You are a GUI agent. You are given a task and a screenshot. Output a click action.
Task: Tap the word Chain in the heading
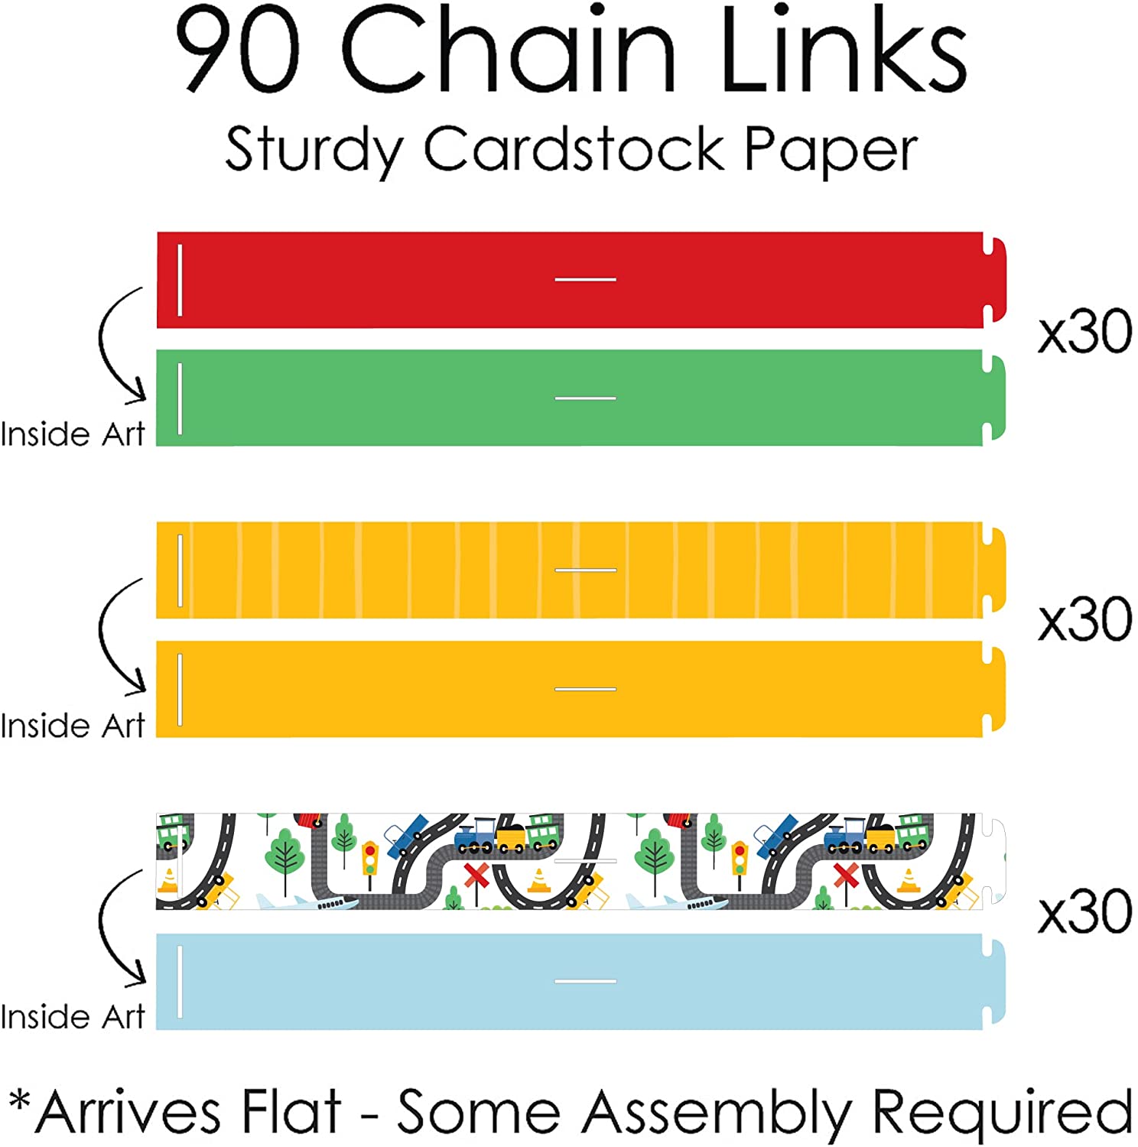[509, 50]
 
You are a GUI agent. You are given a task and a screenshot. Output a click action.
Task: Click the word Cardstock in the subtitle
[574, 148]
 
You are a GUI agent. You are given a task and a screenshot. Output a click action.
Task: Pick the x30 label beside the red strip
[1084, 332]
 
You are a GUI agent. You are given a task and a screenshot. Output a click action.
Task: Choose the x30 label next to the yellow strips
[1084, 619]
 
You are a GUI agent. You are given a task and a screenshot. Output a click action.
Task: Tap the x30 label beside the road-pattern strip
[1084, 911]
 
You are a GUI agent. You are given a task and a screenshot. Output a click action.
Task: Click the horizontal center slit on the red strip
[585, 280]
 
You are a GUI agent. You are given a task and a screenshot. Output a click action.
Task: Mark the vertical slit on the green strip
[180, 398]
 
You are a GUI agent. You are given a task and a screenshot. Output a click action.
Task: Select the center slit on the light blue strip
[585, 981]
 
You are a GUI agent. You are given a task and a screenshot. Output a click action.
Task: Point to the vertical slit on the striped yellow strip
[180, 570]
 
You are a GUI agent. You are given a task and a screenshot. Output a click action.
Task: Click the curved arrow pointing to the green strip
[119, 344]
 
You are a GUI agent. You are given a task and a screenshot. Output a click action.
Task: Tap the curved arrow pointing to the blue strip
[119, 927]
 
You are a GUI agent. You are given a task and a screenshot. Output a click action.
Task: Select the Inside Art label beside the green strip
[73, 434]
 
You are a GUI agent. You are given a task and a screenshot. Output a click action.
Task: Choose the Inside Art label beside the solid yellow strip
[73, 726]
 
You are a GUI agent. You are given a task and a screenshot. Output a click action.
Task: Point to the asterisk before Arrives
[20, 1101]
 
